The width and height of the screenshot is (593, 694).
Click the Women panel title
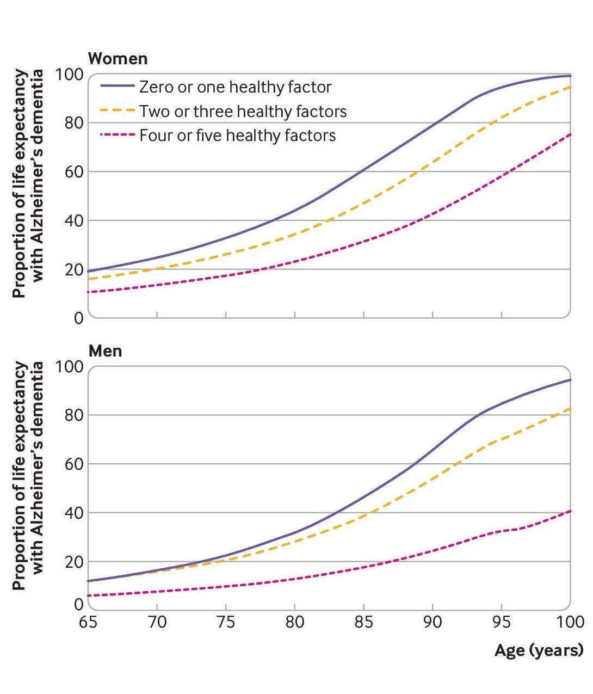pos(118,58)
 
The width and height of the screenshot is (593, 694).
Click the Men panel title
pos(105,351)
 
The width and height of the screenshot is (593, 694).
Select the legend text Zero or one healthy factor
pos(235,87)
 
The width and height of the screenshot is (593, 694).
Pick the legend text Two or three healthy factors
pos(243,111)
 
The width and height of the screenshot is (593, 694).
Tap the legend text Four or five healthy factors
pos(237,135)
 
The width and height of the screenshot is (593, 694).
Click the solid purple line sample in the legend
pos(117,87)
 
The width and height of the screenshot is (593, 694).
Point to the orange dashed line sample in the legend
pos(117,110)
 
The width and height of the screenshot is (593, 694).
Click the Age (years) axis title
pos(539,650)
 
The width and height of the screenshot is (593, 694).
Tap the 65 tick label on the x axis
pos(88,622)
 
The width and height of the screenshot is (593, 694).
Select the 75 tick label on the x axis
pos(226,622)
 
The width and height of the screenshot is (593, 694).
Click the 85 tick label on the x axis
pos(363,622)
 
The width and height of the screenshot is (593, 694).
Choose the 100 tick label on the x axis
pos(570,622)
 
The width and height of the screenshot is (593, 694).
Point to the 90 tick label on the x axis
pos(433,622)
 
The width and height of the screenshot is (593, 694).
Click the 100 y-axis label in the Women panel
pos(70,74)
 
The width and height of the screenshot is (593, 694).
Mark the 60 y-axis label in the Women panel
pos(73,172)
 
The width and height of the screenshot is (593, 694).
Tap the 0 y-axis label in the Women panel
pos(79,318)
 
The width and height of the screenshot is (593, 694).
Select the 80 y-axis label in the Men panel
pos(73,415)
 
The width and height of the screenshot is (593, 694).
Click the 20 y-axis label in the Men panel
pos(73,562)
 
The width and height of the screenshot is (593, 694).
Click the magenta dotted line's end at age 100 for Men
pos(570,511)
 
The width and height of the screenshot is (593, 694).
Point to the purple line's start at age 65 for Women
pos(89,271)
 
